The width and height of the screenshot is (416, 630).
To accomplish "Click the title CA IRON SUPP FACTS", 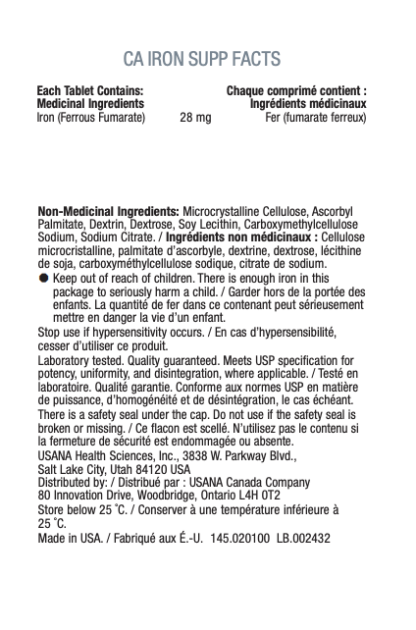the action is coord(207,56).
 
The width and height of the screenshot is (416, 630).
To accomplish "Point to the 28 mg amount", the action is coord(195,117).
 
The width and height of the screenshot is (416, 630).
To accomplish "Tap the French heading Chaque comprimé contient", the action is coord(296,91).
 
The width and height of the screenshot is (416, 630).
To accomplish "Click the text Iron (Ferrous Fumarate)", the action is coord(90,117).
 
